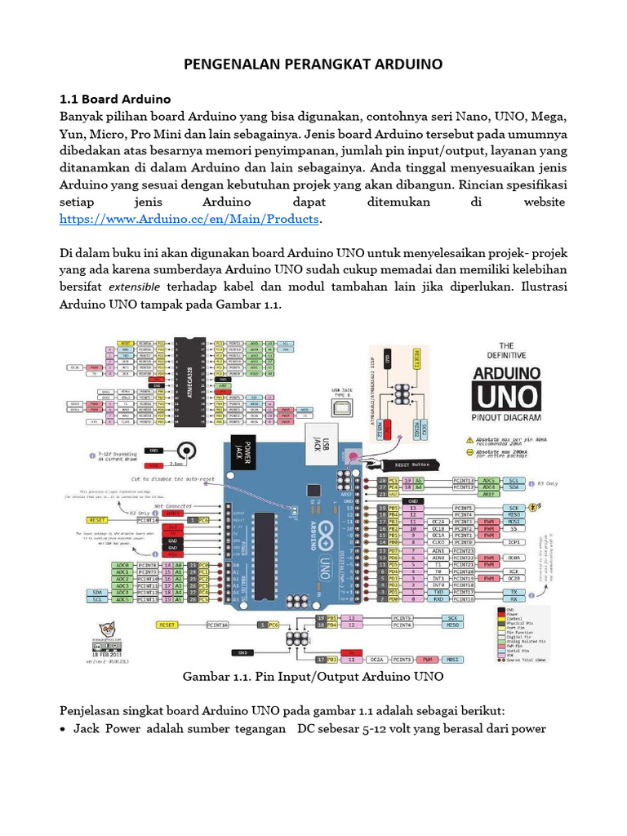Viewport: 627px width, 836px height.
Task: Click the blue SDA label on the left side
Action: tap(99, 591)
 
